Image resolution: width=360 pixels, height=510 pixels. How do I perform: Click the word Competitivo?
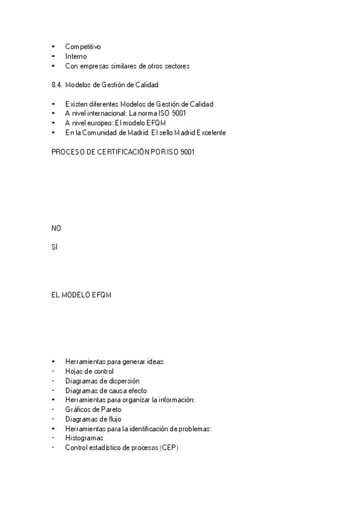[83, 46]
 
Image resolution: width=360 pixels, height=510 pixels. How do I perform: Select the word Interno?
[76, 56]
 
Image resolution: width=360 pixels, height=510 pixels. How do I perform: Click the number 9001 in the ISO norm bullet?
[178, 113]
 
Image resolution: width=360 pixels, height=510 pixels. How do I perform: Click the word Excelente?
[209, 132]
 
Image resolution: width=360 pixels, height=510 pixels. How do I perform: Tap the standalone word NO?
[56, 228]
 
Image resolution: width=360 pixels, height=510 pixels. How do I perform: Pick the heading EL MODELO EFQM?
[82, 295]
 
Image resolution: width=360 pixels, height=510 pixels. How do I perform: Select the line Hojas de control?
[89, 371]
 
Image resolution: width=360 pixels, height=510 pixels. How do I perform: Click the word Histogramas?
[84, 438]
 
